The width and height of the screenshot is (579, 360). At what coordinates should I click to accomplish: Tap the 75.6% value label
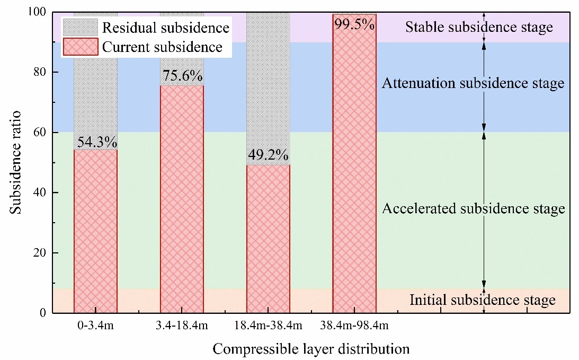(182, 77)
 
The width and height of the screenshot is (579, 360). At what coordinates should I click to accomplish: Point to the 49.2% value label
(269, 156)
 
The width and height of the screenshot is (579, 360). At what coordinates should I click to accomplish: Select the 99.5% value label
(354, 23)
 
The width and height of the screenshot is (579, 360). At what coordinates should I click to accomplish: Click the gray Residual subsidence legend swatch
(80, 28)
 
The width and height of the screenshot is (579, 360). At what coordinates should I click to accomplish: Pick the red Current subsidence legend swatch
(80, 47)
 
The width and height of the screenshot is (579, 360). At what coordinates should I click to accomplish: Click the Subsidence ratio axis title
(16, 162)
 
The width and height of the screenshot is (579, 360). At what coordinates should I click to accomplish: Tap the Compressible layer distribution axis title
(311, 349)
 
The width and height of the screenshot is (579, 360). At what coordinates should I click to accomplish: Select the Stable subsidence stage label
(479, 27)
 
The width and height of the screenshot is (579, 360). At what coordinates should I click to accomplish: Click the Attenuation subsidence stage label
(473, 83)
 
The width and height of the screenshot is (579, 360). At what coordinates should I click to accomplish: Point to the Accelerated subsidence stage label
(474, 209)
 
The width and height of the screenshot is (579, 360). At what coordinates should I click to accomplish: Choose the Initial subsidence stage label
(483, 301)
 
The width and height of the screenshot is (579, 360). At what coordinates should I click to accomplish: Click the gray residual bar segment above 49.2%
(269, 80)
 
